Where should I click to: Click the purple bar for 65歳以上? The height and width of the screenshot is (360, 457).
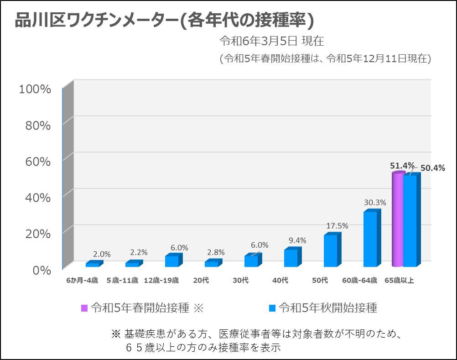(398, 220)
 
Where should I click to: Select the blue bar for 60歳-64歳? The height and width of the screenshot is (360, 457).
(370, 239)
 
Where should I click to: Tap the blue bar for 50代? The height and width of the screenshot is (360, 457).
(331, 250)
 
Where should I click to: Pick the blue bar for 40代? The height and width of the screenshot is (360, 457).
(291, 258)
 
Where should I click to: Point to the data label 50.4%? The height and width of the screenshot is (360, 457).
(432, 168)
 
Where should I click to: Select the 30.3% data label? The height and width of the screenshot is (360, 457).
(375, 202)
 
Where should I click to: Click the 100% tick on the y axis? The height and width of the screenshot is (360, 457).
(35, 89)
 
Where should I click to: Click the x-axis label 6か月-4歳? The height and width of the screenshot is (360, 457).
(82, 280)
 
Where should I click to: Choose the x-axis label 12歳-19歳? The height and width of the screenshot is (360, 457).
(161, 280)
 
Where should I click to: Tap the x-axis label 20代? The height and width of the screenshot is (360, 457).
(201, 280)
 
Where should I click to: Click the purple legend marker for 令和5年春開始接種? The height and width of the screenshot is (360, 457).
(84, 308)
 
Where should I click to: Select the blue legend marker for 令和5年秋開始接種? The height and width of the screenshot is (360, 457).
(272, 308)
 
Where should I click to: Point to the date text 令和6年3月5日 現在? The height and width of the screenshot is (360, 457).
(271, 41)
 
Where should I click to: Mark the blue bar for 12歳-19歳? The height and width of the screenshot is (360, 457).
(171, 261)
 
